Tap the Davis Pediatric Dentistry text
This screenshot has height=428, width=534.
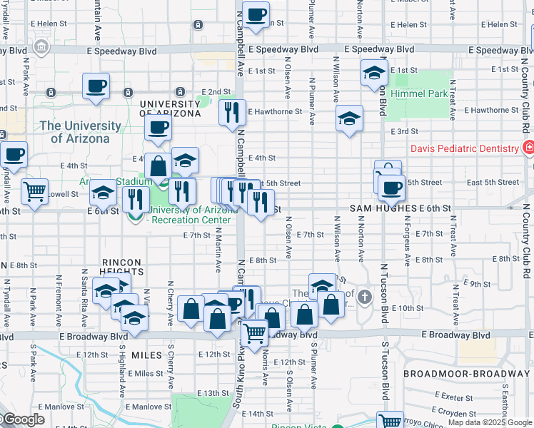[x=464, y=148]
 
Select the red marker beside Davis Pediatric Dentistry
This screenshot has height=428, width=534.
[x=528, y=148]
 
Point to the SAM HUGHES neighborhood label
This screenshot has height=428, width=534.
[x=383, y=208]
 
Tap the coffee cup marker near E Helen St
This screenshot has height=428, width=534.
[x=256, y=14]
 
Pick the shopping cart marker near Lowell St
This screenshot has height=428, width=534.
[x=34, y=190]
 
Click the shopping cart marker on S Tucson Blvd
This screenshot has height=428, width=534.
[x=389, y=421]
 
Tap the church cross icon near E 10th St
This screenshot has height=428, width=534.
[x=365, y=296]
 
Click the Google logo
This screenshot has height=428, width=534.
[x=24, y=420]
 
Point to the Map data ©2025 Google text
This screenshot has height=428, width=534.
[x=490, y=422]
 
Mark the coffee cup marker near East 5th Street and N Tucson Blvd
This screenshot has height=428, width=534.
[x=391, y=188]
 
